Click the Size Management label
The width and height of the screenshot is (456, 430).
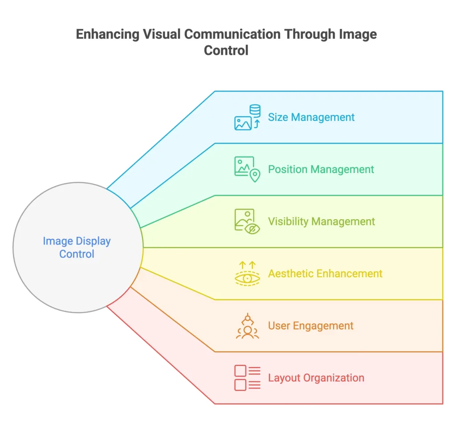[x=311, y=117]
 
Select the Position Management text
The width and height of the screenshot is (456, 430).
[x=321, y=169]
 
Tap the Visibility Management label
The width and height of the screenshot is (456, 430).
[x=321, y=221]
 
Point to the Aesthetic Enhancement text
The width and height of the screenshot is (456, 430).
[x=325, y=274]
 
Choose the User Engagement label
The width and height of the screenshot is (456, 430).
[x=310, y=326]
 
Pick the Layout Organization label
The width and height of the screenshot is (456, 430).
[x=316, y=378]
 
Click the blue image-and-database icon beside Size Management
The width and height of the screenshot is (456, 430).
[x=247, y=118]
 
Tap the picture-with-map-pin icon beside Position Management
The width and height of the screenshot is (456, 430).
[x=247, y=169]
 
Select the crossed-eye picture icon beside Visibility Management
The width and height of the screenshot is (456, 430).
[x=247, y=221]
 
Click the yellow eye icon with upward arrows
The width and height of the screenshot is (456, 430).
[x=247, y=274]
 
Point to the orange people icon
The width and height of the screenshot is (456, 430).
[x=247, y=326]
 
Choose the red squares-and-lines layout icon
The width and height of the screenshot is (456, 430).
[x=247, y=378]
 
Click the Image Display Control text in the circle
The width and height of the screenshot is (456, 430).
[x=77, y=248]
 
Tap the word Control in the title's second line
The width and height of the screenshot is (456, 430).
[x=226, y=50]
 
